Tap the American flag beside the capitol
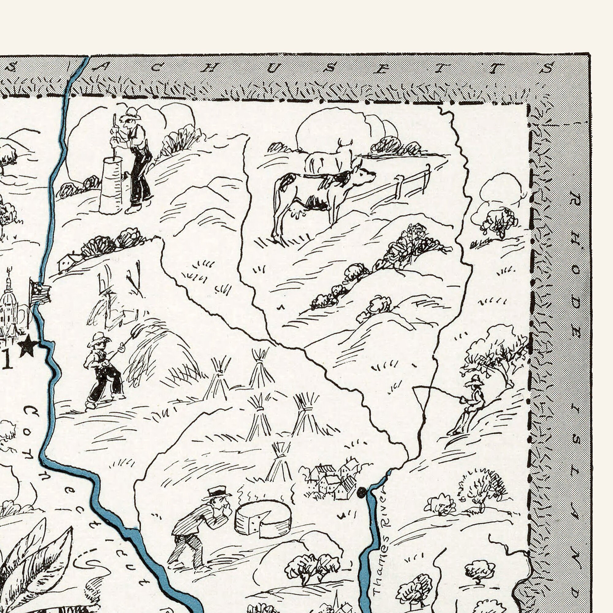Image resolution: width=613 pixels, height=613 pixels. [40, 291]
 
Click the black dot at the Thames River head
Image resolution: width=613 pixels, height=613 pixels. [361, 493]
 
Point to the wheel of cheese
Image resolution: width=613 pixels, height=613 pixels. [263, 520]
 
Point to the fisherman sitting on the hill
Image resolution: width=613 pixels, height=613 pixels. [470, 406]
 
